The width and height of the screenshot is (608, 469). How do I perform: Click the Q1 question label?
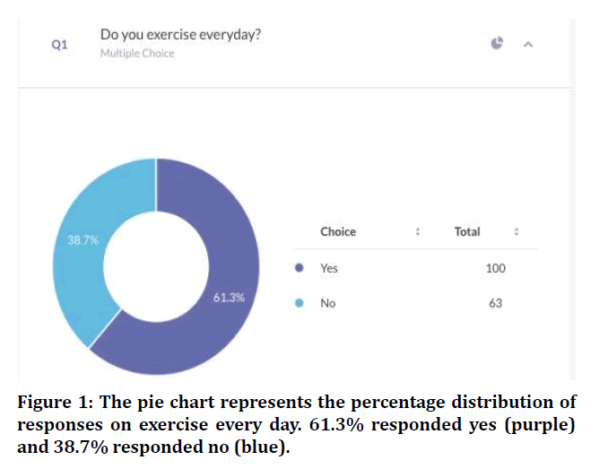tap(59, 44)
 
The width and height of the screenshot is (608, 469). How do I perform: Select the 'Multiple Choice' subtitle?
tap(137, 54)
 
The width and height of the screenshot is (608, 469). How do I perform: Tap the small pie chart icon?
tap(498, 43)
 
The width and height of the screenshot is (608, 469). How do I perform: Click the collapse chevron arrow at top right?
tap(528, 44)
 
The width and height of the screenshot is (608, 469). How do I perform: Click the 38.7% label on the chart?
tap(83, 240)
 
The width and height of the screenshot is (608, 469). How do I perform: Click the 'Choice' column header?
tap(338, 232)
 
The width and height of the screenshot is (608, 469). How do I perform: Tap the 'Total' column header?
tap(467, 232)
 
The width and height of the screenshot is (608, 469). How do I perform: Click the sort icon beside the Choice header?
tap(418, 232)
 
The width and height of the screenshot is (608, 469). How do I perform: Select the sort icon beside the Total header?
tap(517, 232)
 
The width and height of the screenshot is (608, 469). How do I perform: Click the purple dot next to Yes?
tap(299, 268)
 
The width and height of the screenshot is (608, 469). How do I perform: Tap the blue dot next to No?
tap(299, 303)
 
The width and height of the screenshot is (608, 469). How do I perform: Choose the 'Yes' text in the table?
tap(329, 268)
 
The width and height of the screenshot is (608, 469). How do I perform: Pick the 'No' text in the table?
tap(327, 303)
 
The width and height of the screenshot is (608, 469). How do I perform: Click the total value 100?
tap(495, 268)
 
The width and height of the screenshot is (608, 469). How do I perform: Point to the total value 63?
tap(495, 303)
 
